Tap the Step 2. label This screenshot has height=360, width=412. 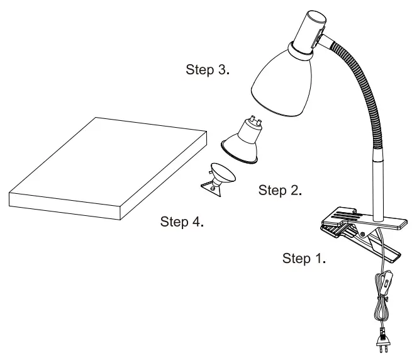(280, 190)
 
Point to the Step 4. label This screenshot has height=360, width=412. (182, 222)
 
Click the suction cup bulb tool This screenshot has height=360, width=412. (220, 177)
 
